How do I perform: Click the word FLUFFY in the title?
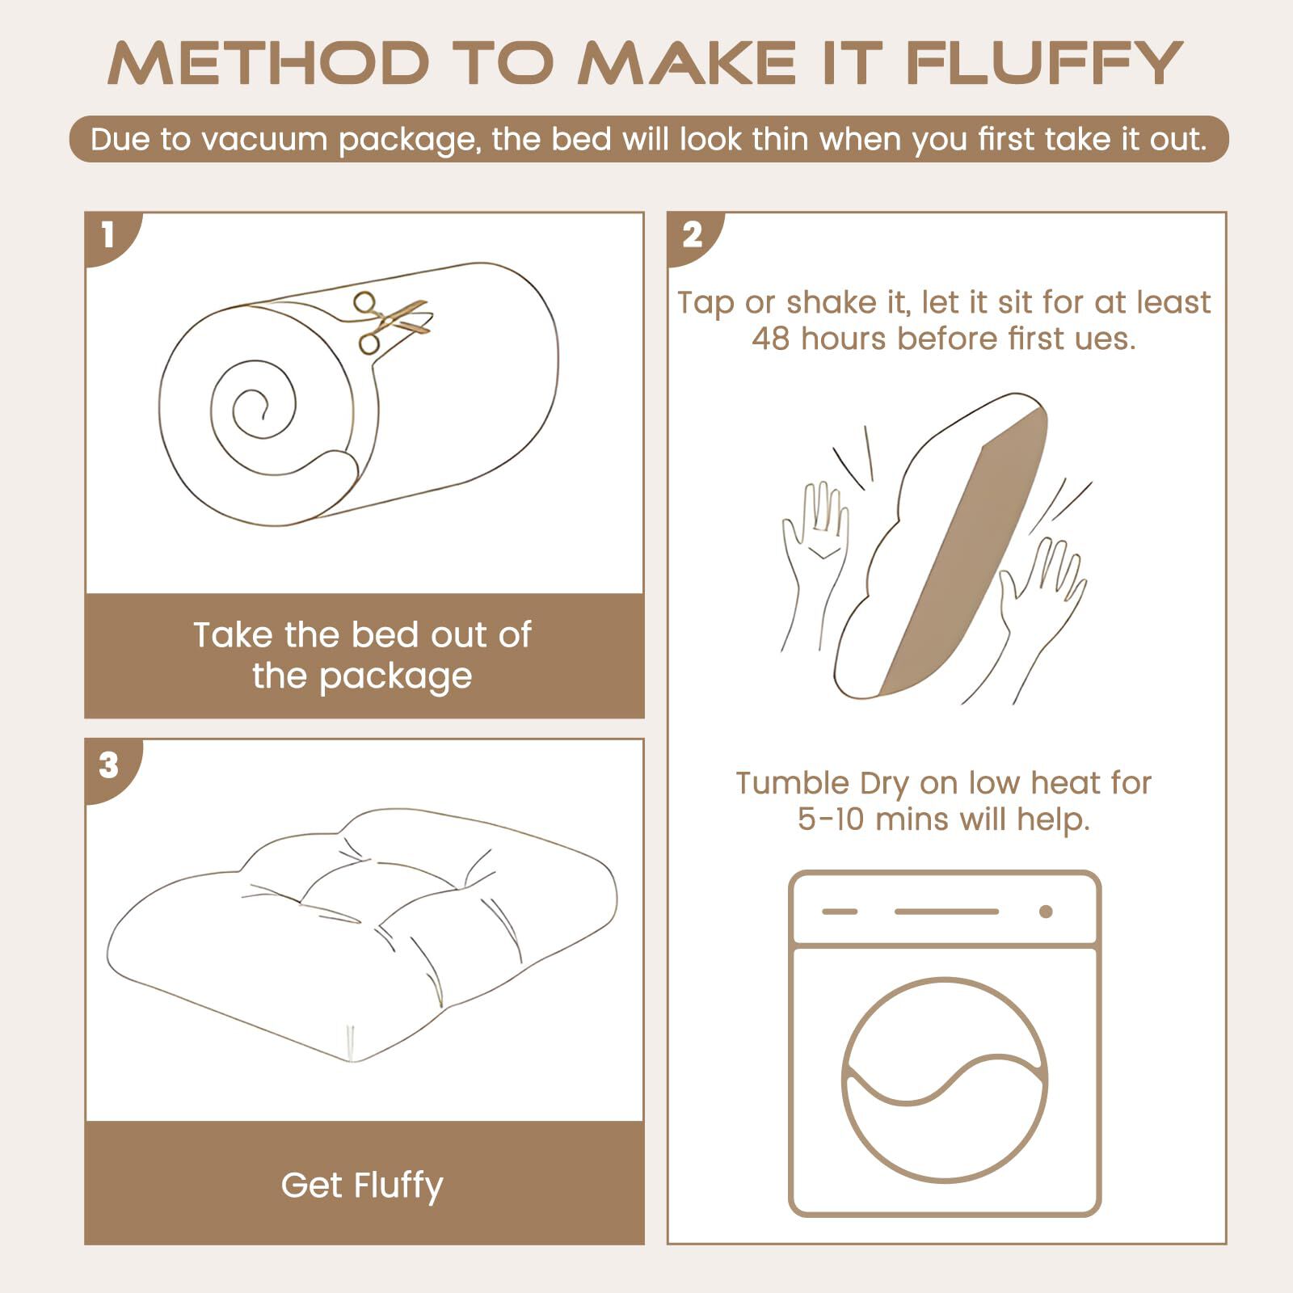pyautogui.click(x=1044, y=62)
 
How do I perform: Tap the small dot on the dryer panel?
pyautogui.click(x=1046, y=912)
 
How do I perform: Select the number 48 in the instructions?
pyautogui.click(x=770, y=339)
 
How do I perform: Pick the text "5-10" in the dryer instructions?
pyautogui.click(x=832, y=819)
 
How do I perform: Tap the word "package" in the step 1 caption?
pyautogui.click(x=395, y=677)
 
